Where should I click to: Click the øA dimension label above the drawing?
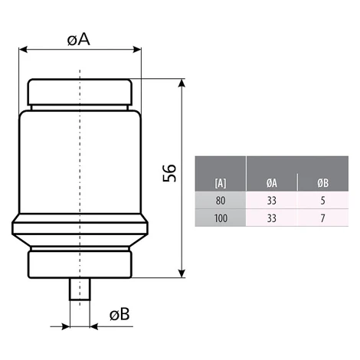79,40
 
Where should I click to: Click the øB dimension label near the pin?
119,314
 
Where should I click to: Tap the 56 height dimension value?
169,173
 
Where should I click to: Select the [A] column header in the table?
221,183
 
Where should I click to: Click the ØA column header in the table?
272,183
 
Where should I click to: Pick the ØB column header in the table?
322,183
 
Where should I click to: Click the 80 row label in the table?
221,201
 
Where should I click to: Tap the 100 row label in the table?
221,218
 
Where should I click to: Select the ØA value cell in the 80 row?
272,201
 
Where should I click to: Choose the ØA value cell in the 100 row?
272,218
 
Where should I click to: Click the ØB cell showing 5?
322,201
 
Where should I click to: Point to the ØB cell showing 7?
322,218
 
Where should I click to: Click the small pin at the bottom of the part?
80,289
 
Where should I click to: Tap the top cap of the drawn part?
80,92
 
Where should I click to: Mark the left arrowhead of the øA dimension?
23,50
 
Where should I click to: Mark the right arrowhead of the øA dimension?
137,50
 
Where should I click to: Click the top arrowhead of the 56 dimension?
182,83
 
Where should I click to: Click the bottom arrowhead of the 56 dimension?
182,273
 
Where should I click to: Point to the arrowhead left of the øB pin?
66,326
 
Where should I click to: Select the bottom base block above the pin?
80,264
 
